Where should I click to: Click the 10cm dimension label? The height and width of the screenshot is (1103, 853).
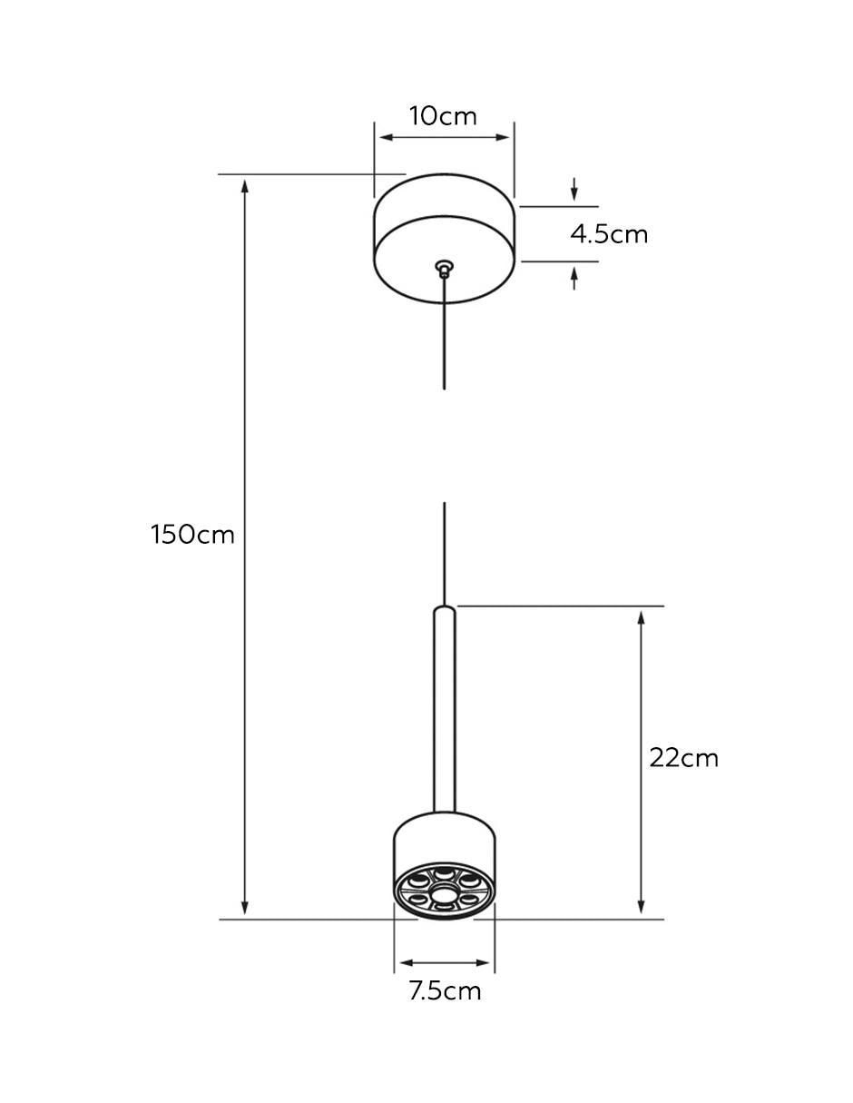(443, 116)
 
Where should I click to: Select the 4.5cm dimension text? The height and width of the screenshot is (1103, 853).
(609, 234)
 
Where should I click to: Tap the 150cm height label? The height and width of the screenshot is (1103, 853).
(192, 535)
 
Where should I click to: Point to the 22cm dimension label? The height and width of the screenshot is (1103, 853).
(683, 758)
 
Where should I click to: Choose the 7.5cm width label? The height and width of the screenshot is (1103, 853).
(445, 990)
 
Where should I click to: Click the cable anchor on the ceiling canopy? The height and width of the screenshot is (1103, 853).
(445, 268)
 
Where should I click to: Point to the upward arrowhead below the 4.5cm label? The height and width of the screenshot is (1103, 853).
(574, 274)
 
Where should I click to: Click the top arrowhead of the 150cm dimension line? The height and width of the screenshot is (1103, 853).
(245, 186)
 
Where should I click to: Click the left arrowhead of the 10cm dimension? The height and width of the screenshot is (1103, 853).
(387, 137)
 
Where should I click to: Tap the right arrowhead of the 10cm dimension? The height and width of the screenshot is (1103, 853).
(502, 137)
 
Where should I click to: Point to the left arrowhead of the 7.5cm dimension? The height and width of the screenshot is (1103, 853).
(407, 963)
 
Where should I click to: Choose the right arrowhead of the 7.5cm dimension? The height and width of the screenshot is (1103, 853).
(482, 963)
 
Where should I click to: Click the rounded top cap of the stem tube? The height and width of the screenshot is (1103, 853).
(445, 610)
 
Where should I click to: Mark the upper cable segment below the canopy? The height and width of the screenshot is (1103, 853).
(445, 333)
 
